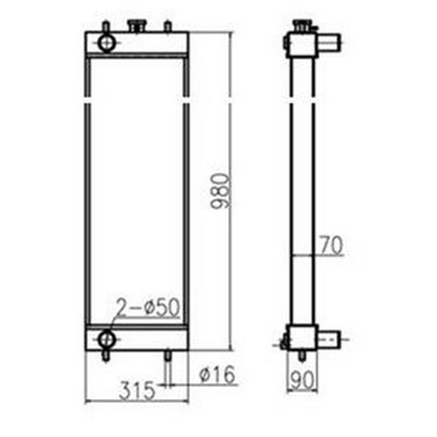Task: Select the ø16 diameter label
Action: [217, 375]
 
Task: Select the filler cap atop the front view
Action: [135, 25]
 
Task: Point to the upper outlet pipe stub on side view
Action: [330, 41]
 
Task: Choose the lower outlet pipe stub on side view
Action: [330, 339]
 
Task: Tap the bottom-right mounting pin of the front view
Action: [168, 356]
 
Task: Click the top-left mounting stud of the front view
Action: [106, 26]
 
